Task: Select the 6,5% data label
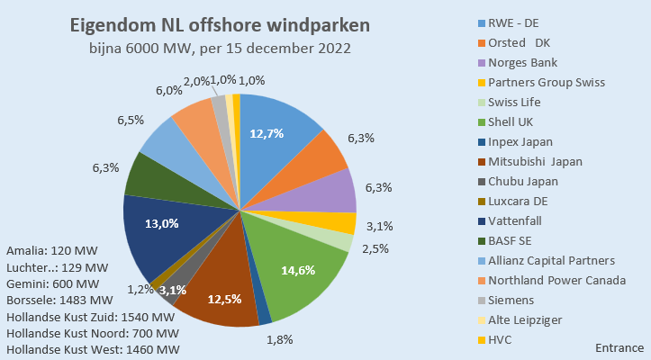pos(130,120)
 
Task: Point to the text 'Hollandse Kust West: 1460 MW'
pos(92,349)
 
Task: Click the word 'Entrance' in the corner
pos(619,347)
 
